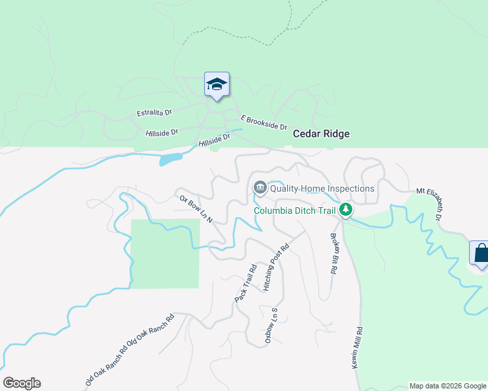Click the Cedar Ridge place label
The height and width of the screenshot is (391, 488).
point(321,134)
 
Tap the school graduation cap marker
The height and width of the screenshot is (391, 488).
point(217,85)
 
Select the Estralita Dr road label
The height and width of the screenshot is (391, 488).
point(154,113)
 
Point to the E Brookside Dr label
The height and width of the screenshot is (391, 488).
point(264,122)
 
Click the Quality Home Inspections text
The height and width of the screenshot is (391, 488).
point(322,188)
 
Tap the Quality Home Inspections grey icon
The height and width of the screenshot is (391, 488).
point(260,188)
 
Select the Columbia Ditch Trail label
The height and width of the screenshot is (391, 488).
point(294,210)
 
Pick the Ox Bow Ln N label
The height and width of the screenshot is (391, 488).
point(196,209)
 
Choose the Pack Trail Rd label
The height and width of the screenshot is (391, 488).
point(247,282)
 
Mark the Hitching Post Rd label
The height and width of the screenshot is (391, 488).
point(275,267)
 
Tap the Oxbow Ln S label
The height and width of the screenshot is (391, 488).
point(271,326)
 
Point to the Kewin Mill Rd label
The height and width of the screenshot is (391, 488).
point(358,348)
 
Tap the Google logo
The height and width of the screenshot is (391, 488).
point(22,383)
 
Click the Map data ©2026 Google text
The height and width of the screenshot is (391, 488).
point(448,386)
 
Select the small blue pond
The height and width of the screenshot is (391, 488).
point(170,158)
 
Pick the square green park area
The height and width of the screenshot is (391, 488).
point(165,253)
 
